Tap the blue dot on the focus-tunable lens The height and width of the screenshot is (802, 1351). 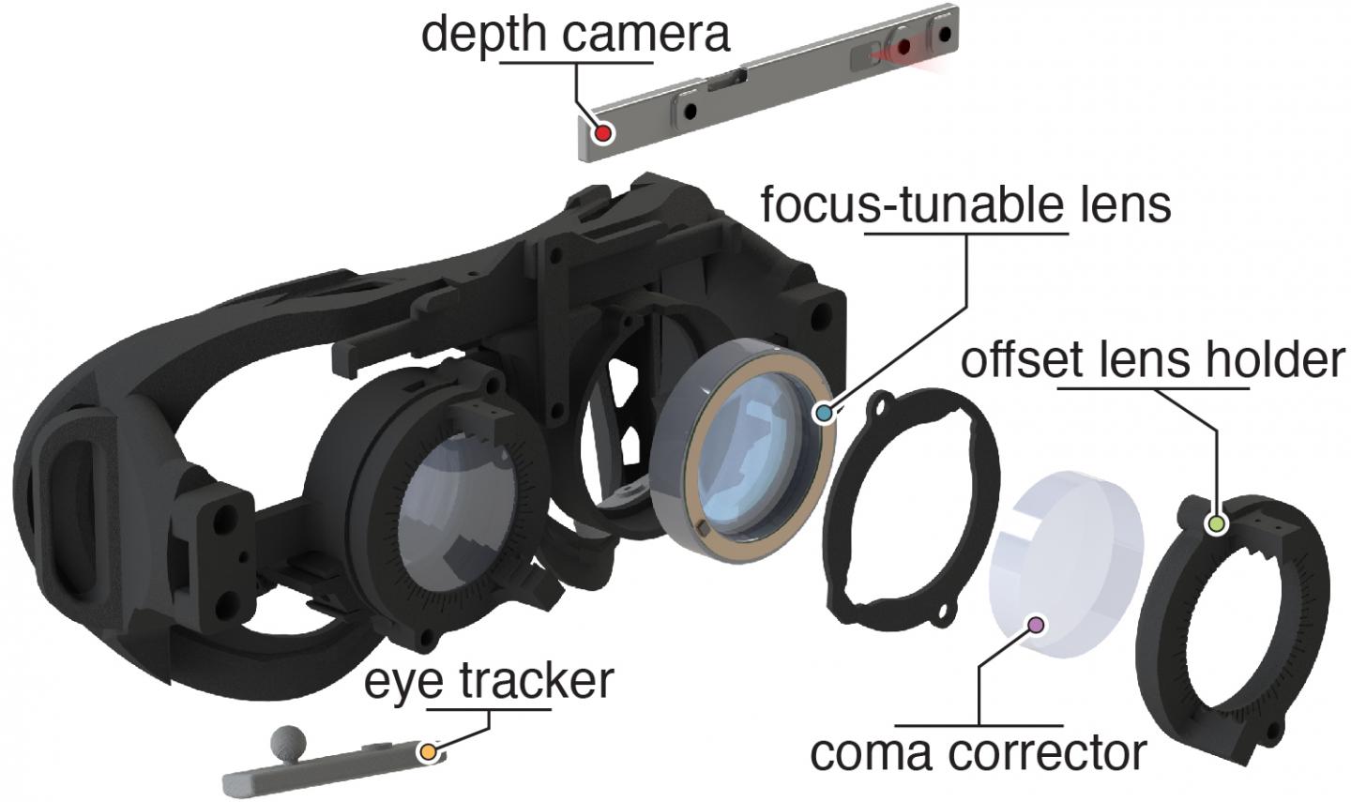pyautogui.click(x=825, y=412)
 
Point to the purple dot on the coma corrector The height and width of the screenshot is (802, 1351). pyautogui.click(x=1037, y=624)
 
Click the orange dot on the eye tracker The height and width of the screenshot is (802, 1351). pyautogui.click(x=428, y=751)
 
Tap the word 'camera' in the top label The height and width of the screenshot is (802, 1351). pyautogui.click(x=647, y=35)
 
